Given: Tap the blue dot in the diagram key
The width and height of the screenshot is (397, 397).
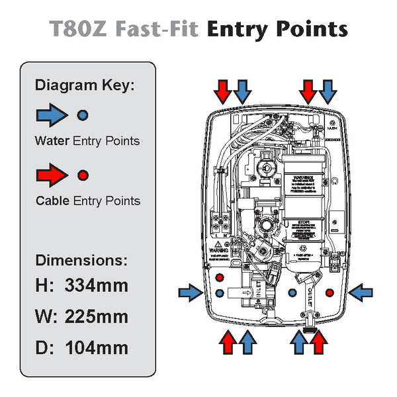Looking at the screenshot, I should (x=82, y=115).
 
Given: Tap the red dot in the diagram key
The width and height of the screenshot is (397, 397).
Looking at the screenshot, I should (x=82, y=175).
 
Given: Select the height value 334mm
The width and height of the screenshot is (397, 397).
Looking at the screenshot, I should (x=97, y=287).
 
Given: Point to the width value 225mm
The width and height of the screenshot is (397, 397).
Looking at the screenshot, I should (x=97, y=317).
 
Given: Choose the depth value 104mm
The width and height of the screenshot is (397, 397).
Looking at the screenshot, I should (x=97, y=347).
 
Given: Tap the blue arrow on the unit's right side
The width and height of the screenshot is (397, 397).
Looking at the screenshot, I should (x=361, y=291).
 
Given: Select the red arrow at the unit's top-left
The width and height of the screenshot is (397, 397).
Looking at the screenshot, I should (x=224, y=91).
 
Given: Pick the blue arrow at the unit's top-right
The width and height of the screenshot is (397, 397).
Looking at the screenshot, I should (x=327, y=91).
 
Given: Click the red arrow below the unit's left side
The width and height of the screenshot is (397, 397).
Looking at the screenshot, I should (x=228, y=342).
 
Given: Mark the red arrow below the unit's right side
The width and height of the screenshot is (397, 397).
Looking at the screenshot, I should (x=319, y=342).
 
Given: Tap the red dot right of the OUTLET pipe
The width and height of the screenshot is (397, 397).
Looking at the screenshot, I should (x=330, y=292).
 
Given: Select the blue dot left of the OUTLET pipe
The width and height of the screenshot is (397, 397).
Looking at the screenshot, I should (x=292, y=292).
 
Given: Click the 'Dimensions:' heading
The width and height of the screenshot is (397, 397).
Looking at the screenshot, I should (x=81, y=259).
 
